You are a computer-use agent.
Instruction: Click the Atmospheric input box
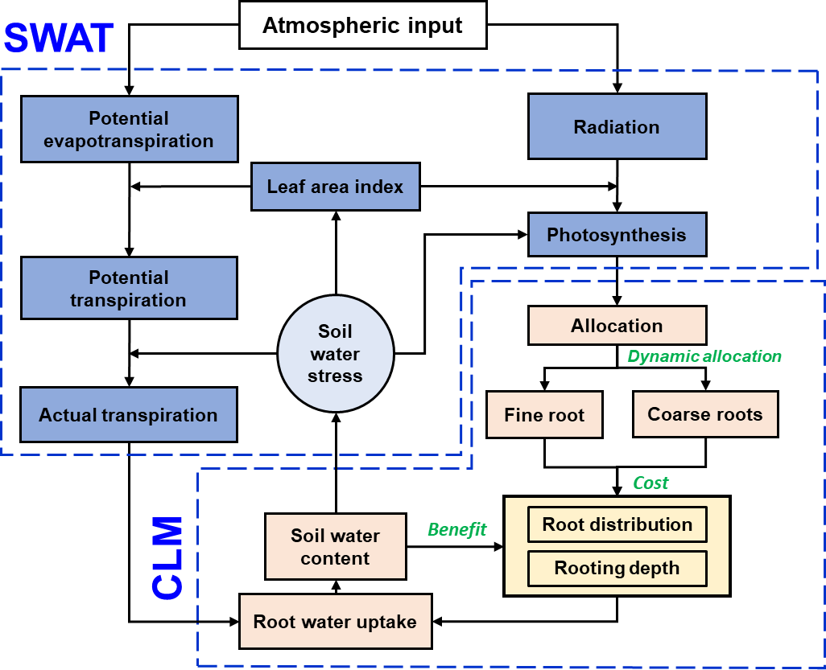[x=362, y=25]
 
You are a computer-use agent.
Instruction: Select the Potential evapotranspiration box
[x=129, y=129]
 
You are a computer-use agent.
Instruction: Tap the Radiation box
[x=617, y=127]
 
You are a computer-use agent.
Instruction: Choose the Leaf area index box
[x=335, y=187]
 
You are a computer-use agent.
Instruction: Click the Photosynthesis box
[x=617, y=235]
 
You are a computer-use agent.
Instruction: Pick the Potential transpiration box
[x=129, y=289]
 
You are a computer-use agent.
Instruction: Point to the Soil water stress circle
[x=335, y=354]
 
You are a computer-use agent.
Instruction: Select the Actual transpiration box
[x=129, y=415]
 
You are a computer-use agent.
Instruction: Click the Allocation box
[x=617, y=326]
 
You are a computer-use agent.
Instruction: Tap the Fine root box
[x=544, y=415]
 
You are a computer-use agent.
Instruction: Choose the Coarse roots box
[x=705, y=415]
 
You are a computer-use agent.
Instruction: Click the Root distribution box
[x=617, y=524]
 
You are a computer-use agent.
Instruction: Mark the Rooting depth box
[x=617, y=569]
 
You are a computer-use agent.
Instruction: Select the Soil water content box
[x=335, y=547]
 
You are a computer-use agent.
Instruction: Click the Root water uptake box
[x=335, y=622]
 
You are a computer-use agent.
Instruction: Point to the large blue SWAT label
[x=58, y=37]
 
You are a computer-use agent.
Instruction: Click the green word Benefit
[x=456, y=529]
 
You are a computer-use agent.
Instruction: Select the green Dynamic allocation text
[x=704, y=356]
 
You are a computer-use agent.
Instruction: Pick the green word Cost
[x=650, y=483]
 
